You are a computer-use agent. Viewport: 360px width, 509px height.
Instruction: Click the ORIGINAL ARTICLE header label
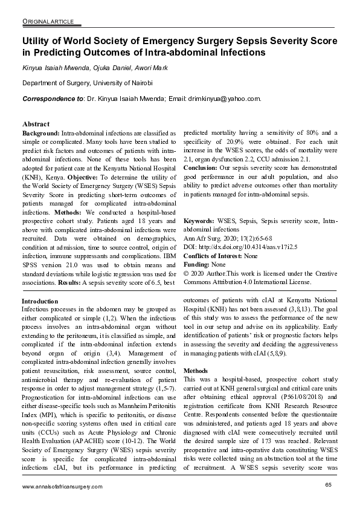click(48, 22)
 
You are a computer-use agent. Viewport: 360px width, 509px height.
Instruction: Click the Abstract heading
click(36, 123)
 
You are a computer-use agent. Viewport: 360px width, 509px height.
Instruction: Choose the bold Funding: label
click(196, 265)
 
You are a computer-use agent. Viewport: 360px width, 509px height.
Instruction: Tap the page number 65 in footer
click(329, 485)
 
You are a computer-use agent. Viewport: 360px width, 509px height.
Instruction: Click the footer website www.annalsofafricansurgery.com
click(62, 487)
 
